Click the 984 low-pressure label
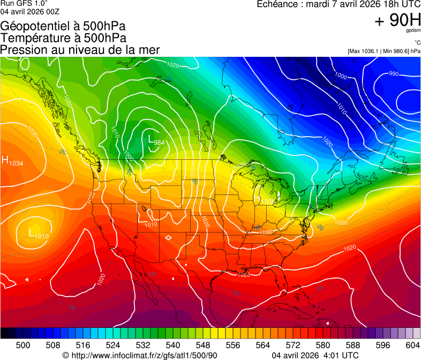pos(159,142)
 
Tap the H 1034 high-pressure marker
pos(12,161)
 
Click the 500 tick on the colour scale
pos(23,345)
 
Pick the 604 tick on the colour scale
pos(412,345)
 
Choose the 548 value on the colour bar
pos(218,345)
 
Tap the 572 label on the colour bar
pos(315,345)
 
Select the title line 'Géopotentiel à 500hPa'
pos(63,26)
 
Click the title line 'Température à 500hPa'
pos(63,38)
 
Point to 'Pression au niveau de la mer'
pos(80,50)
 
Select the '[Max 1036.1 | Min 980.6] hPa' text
pos(384,51)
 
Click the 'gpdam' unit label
pos(413,31)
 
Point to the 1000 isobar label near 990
pos(341,76)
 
